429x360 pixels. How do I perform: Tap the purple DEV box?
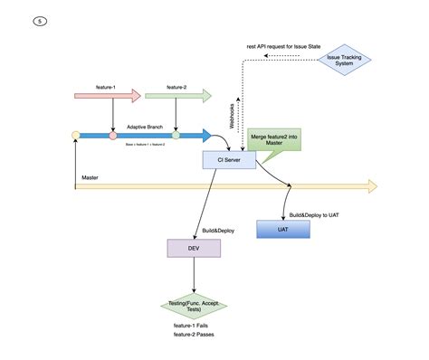click(194, 247)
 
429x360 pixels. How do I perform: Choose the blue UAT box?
click(283, 230)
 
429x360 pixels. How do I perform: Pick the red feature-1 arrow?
click(108, 95)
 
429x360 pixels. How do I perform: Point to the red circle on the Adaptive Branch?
click(113, 136)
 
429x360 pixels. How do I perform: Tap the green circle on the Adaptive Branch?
click(176, 136)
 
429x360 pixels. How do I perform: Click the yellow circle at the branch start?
click(76, 136)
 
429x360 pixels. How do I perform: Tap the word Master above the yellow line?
click(90, 178)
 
